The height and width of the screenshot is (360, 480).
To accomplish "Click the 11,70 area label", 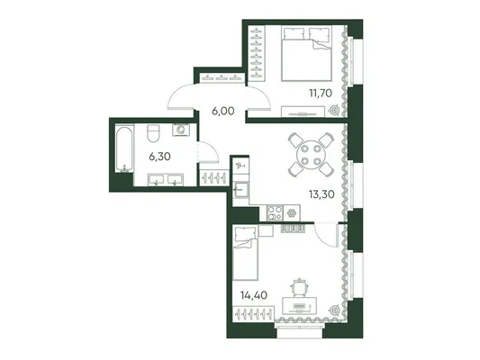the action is click(x=321, y=93).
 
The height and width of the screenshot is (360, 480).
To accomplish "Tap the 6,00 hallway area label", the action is click(x=223, y=111).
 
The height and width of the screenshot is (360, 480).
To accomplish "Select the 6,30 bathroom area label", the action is click(x=159, y=157).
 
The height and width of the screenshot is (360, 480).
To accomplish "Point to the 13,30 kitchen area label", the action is click(x=322, y=193).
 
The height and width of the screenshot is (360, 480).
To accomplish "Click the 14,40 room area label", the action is click(x=254, y=295).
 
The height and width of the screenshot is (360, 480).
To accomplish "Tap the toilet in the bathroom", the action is click(x=154, y=132).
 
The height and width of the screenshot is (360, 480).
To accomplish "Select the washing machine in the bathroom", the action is click(x=181, y=130).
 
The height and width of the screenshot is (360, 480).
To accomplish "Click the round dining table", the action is click(x=311, y=155).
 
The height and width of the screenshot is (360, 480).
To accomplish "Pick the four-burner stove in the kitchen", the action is click(x=275, y=213).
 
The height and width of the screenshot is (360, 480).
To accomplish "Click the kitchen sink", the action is click(x=240, y=190).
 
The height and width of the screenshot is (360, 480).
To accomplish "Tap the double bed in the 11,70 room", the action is click(x=306, y=53).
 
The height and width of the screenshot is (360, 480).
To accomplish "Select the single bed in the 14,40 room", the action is click(x=245, y=253).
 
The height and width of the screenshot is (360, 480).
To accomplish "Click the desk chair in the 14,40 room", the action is click(x=298, y=287).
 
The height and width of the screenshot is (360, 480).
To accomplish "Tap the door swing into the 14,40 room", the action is click(x=326, y=235).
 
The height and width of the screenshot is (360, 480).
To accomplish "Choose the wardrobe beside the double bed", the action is click(x=257, y=53).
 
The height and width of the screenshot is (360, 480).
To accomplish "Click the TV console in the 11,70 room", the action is click(x=303, y=112).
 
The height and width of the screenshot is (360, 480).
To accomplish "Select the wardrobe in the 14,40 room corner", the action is click(x=253, y=313).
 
